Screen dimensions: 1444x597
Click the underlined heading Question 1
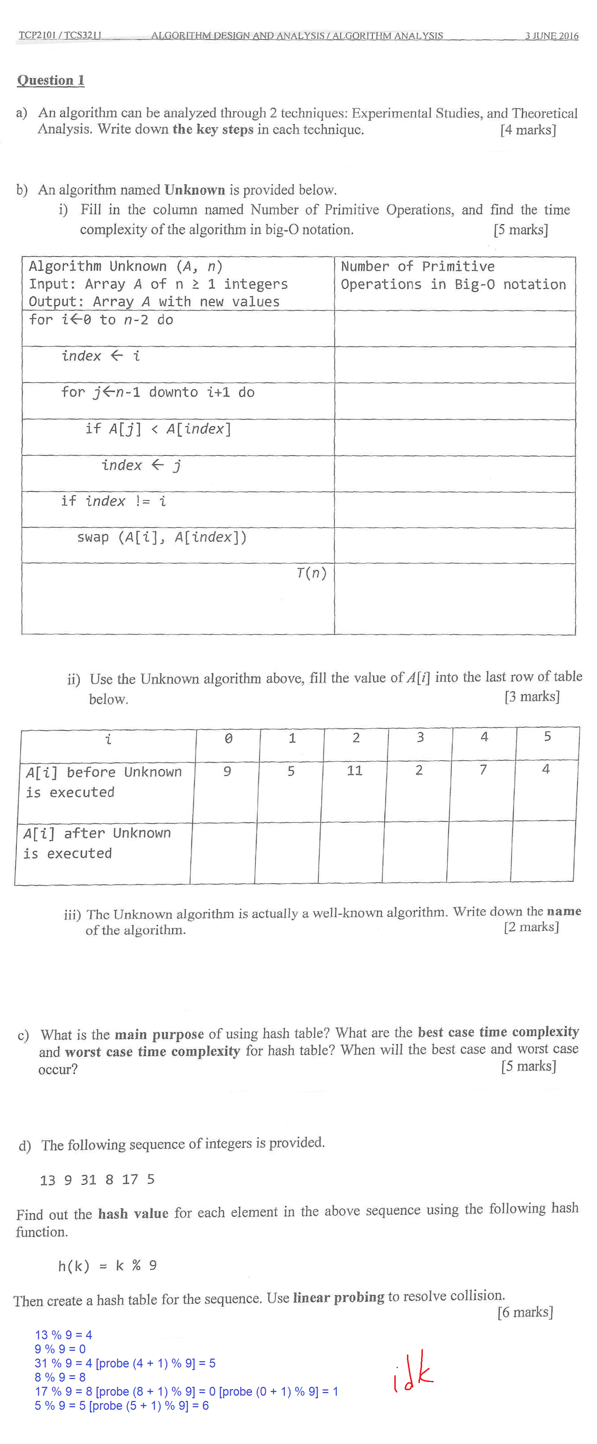tap(50, 80)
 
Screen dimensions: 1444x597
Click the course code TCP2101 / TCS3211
tap(59, 35)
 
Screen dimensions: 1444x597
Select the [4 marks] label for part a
tap(528, 130)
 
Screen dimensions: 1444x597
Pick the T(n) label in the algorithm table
tap(311, 573)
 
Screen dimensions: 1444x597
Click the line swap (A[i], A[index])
tap(162, 537)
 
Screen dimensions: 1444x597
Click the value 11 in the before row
tap(354, 770)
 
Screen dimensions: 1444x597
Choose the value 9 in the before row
tap(227, 771)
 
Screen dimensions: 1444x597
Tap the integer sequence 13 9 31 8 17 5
tap(97, 1180)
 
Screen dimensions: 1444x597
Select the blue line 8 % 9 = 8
tap(60, 1377)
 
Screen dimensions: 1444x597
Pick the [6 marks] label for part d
tap(525, 1312)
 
